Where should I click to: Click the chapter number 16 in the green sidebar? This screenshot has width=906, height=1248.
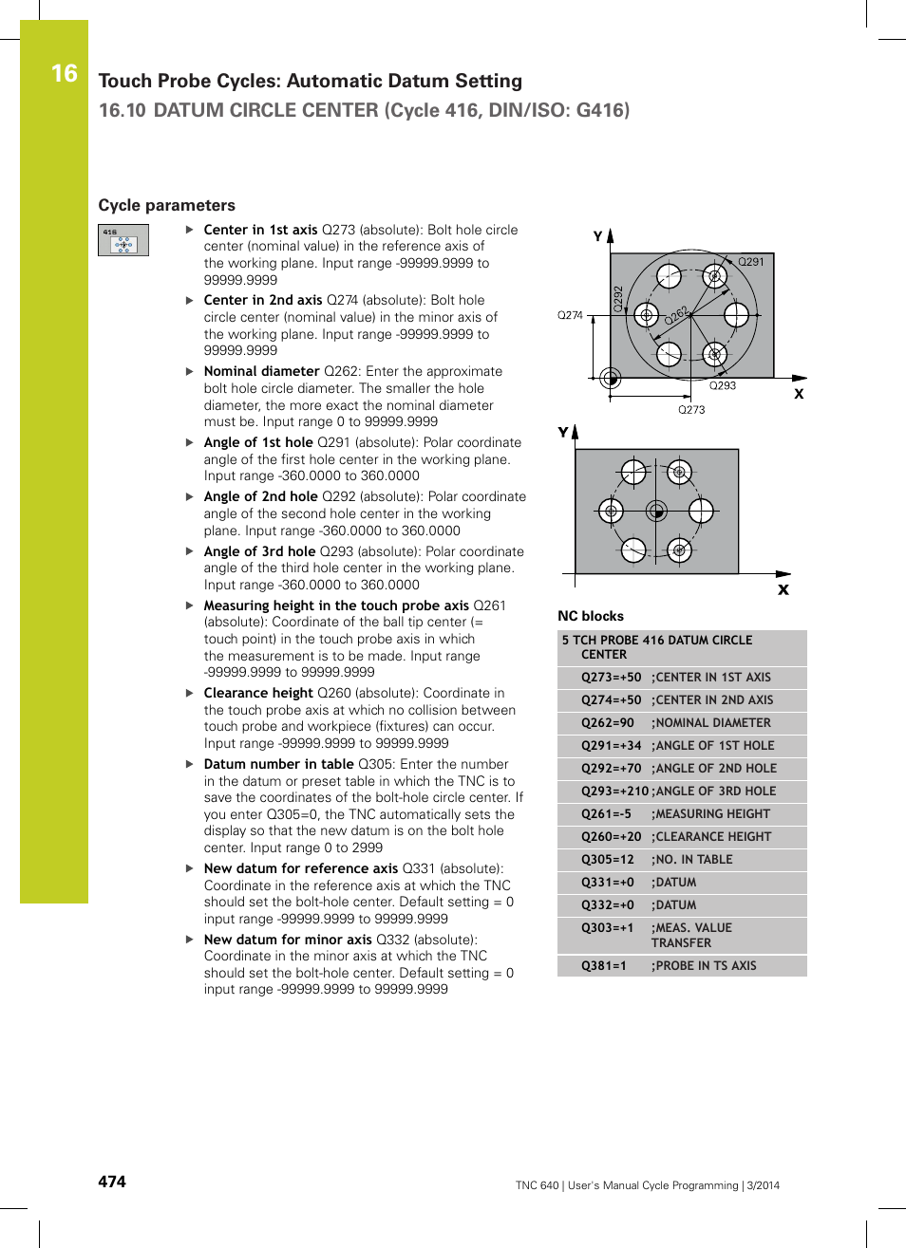(x=64, y=73)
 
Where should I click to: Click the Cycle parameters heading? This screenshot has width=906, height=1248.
(x=166, y=205)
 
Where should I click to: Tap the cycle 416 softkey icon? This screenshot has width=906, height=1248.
(x=123, y=240)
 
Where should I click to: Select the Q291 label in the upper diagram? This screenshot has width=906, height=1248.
(x=750, y=262)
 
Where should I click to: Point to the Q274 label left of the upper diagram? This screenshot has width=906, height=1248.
(x=570, y=315)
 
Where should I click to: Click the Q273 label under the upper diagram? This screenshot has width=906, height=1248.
(x=690, y=410)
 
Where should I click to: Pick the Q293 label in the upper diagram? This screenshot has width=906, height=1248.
(x=722, y=385)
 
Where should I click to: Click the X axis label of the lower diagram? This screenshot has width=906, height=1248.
(x=783, y=589)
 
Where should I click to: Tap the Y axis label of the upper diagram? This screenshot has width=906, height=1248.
(x=597, y=236)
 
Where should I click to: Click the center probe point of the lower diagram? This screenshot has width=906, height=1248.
(x=656, y=512)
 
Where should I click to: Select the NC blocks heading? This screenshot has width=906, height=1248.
(x=590, y=616)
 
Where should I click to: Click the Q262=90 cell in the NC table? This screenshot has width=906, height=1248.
(x=607, y=723)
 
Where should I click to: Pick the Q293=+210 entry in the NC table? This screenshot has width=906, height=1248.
(x=613, y=792)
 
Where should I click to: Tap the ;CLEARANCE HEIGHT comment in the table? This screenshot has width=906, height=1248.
(x=710, y=837)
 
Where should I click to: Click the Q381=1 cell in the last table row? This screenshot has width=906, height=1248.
(x=603, y=966)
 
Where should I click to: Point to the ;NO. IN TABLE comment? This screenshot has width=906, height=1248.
(x=691, y=860)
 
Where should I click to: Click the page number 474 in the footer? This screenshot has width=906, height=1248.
(x=112, y=1182)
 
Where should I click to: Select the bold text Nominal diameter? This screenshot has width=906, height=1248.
(x=261, y=371)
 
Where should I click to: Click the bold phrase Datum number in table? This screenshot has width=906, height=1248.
(x=278, y=764)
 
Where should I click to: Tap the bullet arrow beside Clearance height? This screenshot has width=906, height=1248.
(x=190, y=694)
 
